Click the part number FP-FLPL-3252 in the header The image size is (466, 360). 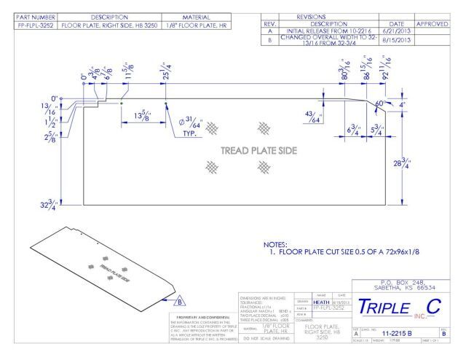30,25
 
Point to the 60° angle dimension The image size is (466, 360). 379,103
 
